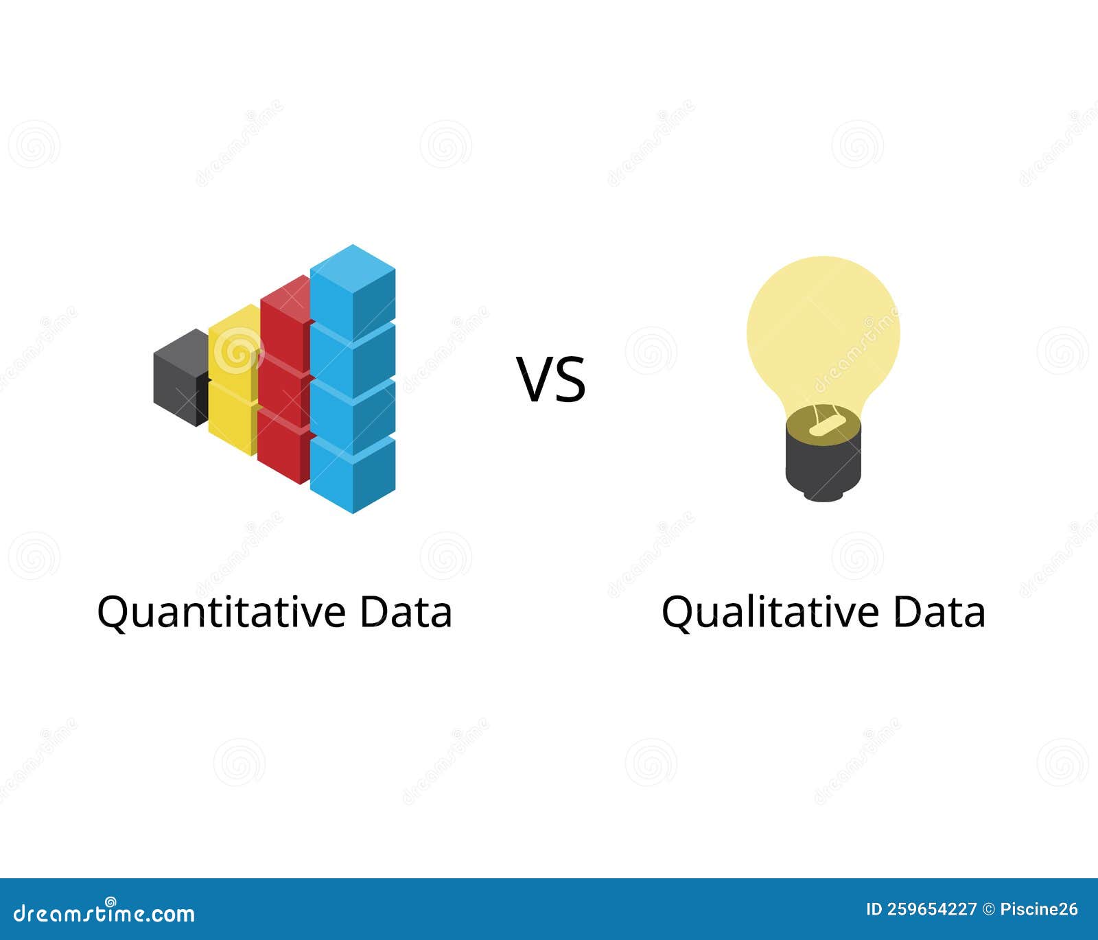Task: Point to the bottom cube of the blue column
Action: [x=353, y=473]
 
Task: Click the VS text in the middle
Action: [x=551, y=379]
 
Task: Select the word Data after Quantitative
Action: [x=406, y=611]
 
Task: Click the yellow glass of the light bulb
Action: [x=823, y=329]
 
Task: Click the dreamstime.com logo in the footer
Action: [x=104, y=913]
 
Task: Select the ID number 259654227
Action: [x=931, y=910]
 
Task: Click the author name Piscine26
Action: [x=1039, y=910]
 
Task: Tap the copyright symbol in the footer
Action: [x=989, y=910]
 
